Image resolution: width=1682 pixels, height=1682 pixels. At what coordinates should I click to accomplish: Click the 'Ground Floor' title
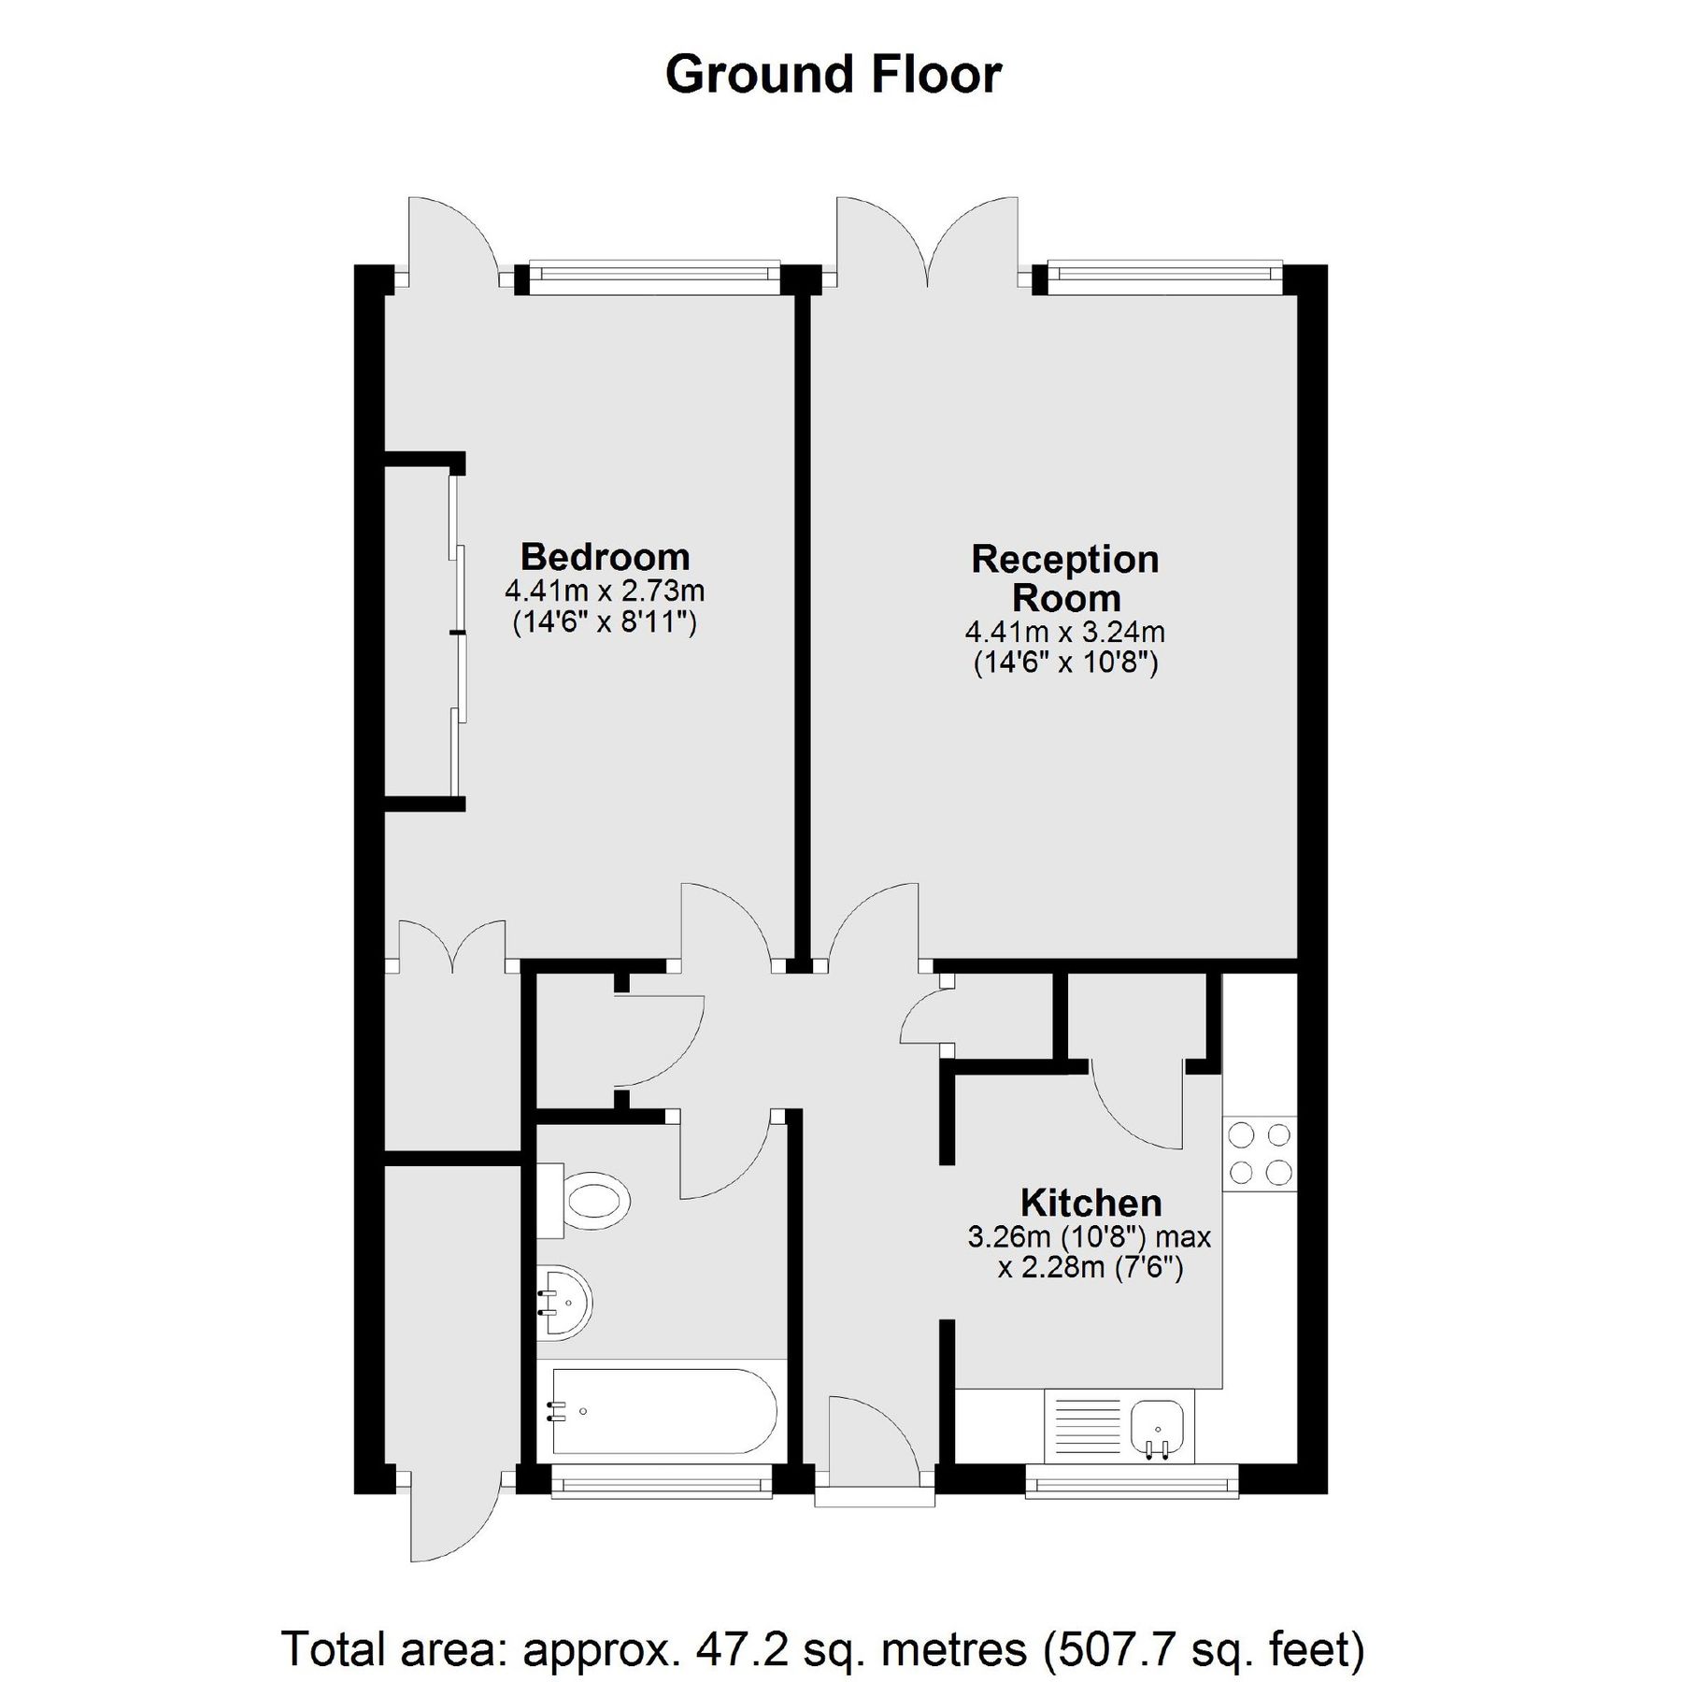833,75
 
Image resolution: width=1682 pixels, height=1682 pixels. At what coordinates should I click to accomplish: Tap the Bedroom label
605,557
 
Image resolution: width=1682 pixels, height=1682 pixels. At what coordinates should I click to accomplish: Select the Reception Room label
1065,578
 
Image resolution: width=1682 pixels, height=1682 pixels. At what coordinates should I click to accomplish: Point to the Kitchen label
1090,1203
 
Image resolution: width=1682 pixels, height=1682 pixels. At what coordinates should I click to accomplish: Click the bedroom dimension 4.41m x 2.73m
605,592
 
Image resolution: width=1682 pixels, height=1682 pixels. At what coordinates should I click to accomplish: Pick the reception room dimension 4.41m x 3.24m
1065,633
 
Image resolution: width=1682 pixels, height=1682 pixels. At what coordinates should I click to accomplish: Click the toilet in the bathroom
589,1200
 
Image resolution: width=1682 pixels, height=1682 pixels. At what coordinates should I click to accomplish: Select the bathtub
663,1412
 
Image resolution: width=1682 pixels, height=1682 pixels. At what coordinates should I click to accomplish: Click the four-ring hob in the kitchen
1259,1154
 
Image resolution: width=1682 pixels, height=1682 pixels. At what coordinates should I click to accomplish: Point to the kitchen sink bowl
1158,1429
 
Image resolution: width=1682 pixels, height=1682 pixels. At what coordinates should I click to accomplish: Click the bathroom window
662,1482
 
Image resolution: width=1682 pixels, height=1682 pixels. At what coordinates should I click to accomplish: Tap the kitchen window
1132,1482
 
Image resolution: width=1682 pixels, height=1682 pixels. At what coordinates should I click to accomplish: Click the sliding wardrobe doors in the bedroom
457,635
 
